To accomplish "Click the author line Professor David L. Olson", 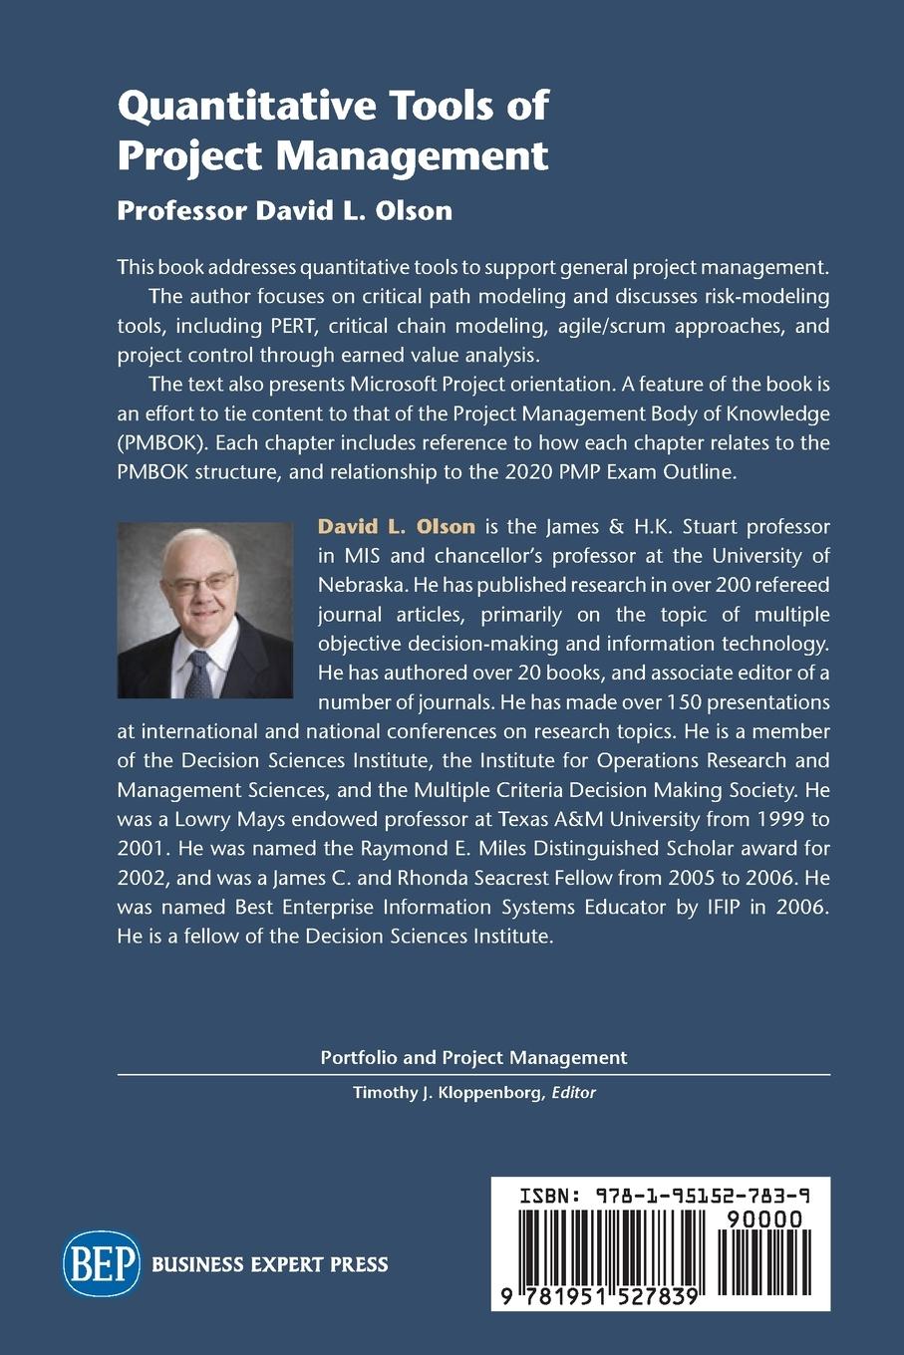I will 284,210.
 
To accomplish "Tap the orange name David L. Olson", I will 396,526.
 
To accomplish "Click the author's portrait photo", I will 205,610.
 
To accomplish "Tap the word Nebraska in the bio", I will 360,584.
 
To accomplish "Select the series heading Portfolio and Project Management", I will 473,1057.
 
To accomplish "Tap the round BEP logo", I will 102,1263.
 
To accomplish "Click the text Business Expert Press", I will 269,1264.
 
